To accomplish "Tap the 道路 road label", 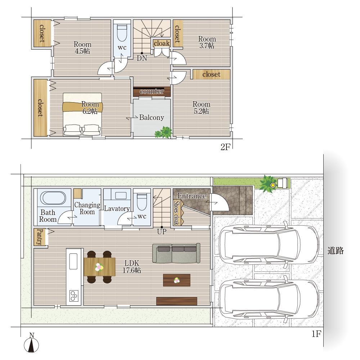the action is pyautogui.click(x=336, y=251).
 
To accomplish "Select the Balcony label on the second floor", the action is pyautogui.click(x=152, y=118).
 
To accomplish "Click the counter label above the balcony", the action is pyautogui.click(x=152, y=91).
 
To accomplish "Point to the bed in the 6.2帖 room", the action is pyautogui.click(x=82, y=114).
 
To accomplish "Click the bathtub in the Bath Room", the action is pyautogui.click(x=53, y=198).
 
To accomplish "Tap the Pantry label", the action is pyautogui.click(x=40, y=237).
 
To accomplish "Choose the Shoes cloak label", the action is pyautogui.click(x=176, y=213).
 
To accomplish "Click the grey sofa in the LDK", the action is pyautogui.click(x=176, y=253).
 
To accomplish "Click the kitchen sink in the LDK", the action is pyautogui.click(x=73, y=261).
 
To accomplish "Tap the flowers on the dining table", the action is pyautogui.click(x=99, y=267).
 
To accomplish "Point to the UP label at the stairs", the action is pyautogui.click(x=162, y=231).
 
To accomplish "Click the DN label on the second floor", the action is pyautogui.click(x=142, y=58).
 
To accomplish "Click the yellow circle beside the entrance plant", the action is pyautogui.click(x=273, y=185).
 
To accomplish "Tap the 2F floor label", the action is pyautogui.click(x=225, y=147).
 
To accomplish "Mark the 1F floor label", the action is pyautogui.click(x=316, y=334).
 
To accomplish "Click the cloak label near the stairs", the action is pyautogui.click(x=162, y=43).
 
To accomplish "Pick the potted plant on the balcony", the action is pyautogui.click(x=163, y=132).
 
